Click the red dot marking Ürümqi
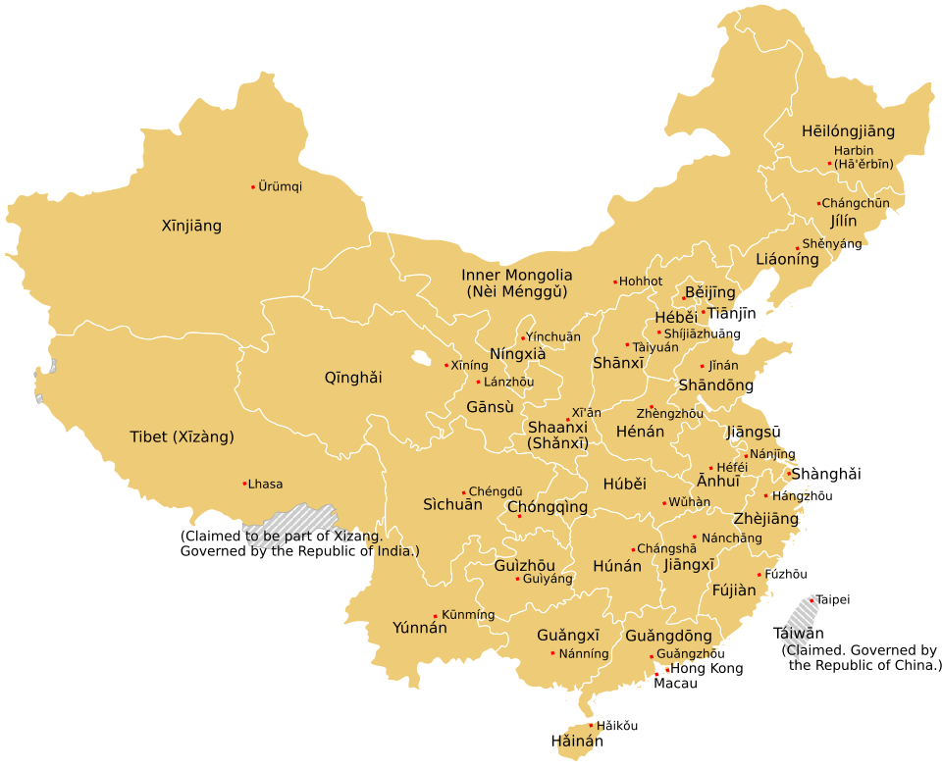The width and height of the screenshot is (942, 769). tap(253, 186)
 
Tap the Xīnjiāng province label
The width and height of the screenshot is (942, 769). tap(191, 226)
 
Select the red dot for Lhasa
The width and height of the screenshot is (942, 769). tap(244, 483)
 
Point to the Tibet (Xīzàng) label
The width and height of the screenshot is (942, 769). tap(183, 437)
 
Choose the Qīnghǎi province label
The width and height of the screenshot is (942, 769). tap(353, 378)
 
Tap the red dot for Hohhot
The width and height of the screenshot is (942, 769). tap(615, 282)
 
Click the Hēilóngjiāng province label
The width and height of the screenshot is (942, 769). tap(848, 131)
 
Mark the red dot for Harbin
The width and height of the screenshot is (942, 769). tap(829, 164)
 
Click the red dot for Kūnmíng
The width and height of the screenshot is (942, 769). tap(436, 616)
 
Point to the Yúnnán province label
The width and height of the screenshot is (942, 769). tap(420, 628)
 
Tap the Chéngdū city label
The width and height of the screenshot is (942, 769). tap(496, 491)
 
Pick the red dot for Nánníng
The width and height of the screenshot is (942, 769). tap(552, 653)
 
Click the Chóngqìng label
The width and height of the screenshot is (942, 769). tap(548, 507)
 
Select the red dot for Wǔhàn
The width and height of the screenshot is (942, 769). tap(664, 503)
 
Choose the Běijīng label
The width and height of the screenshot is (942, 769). tap(710, 292)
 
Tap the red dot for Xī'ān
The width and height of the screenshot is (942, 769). tap(567, 420)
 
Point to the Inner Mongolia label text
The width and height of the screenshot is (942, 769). tap(516, 276)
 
